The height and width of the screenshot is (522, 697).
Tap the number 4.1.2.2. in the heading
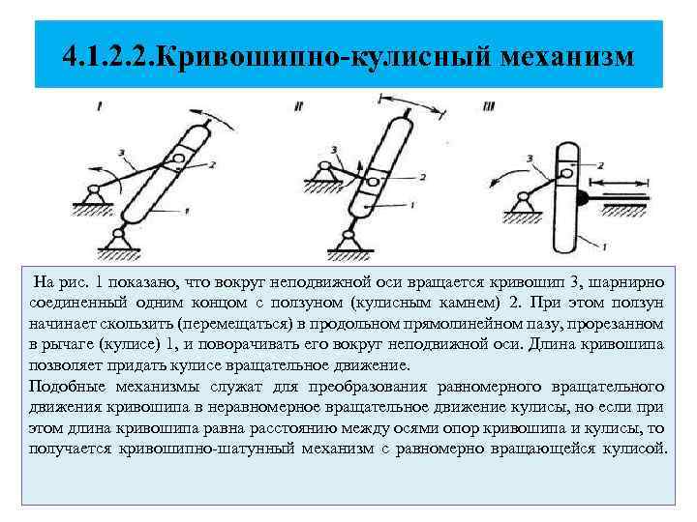(107, 55)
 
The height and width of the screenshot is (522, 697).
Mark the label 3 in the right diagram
(527, 157)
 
